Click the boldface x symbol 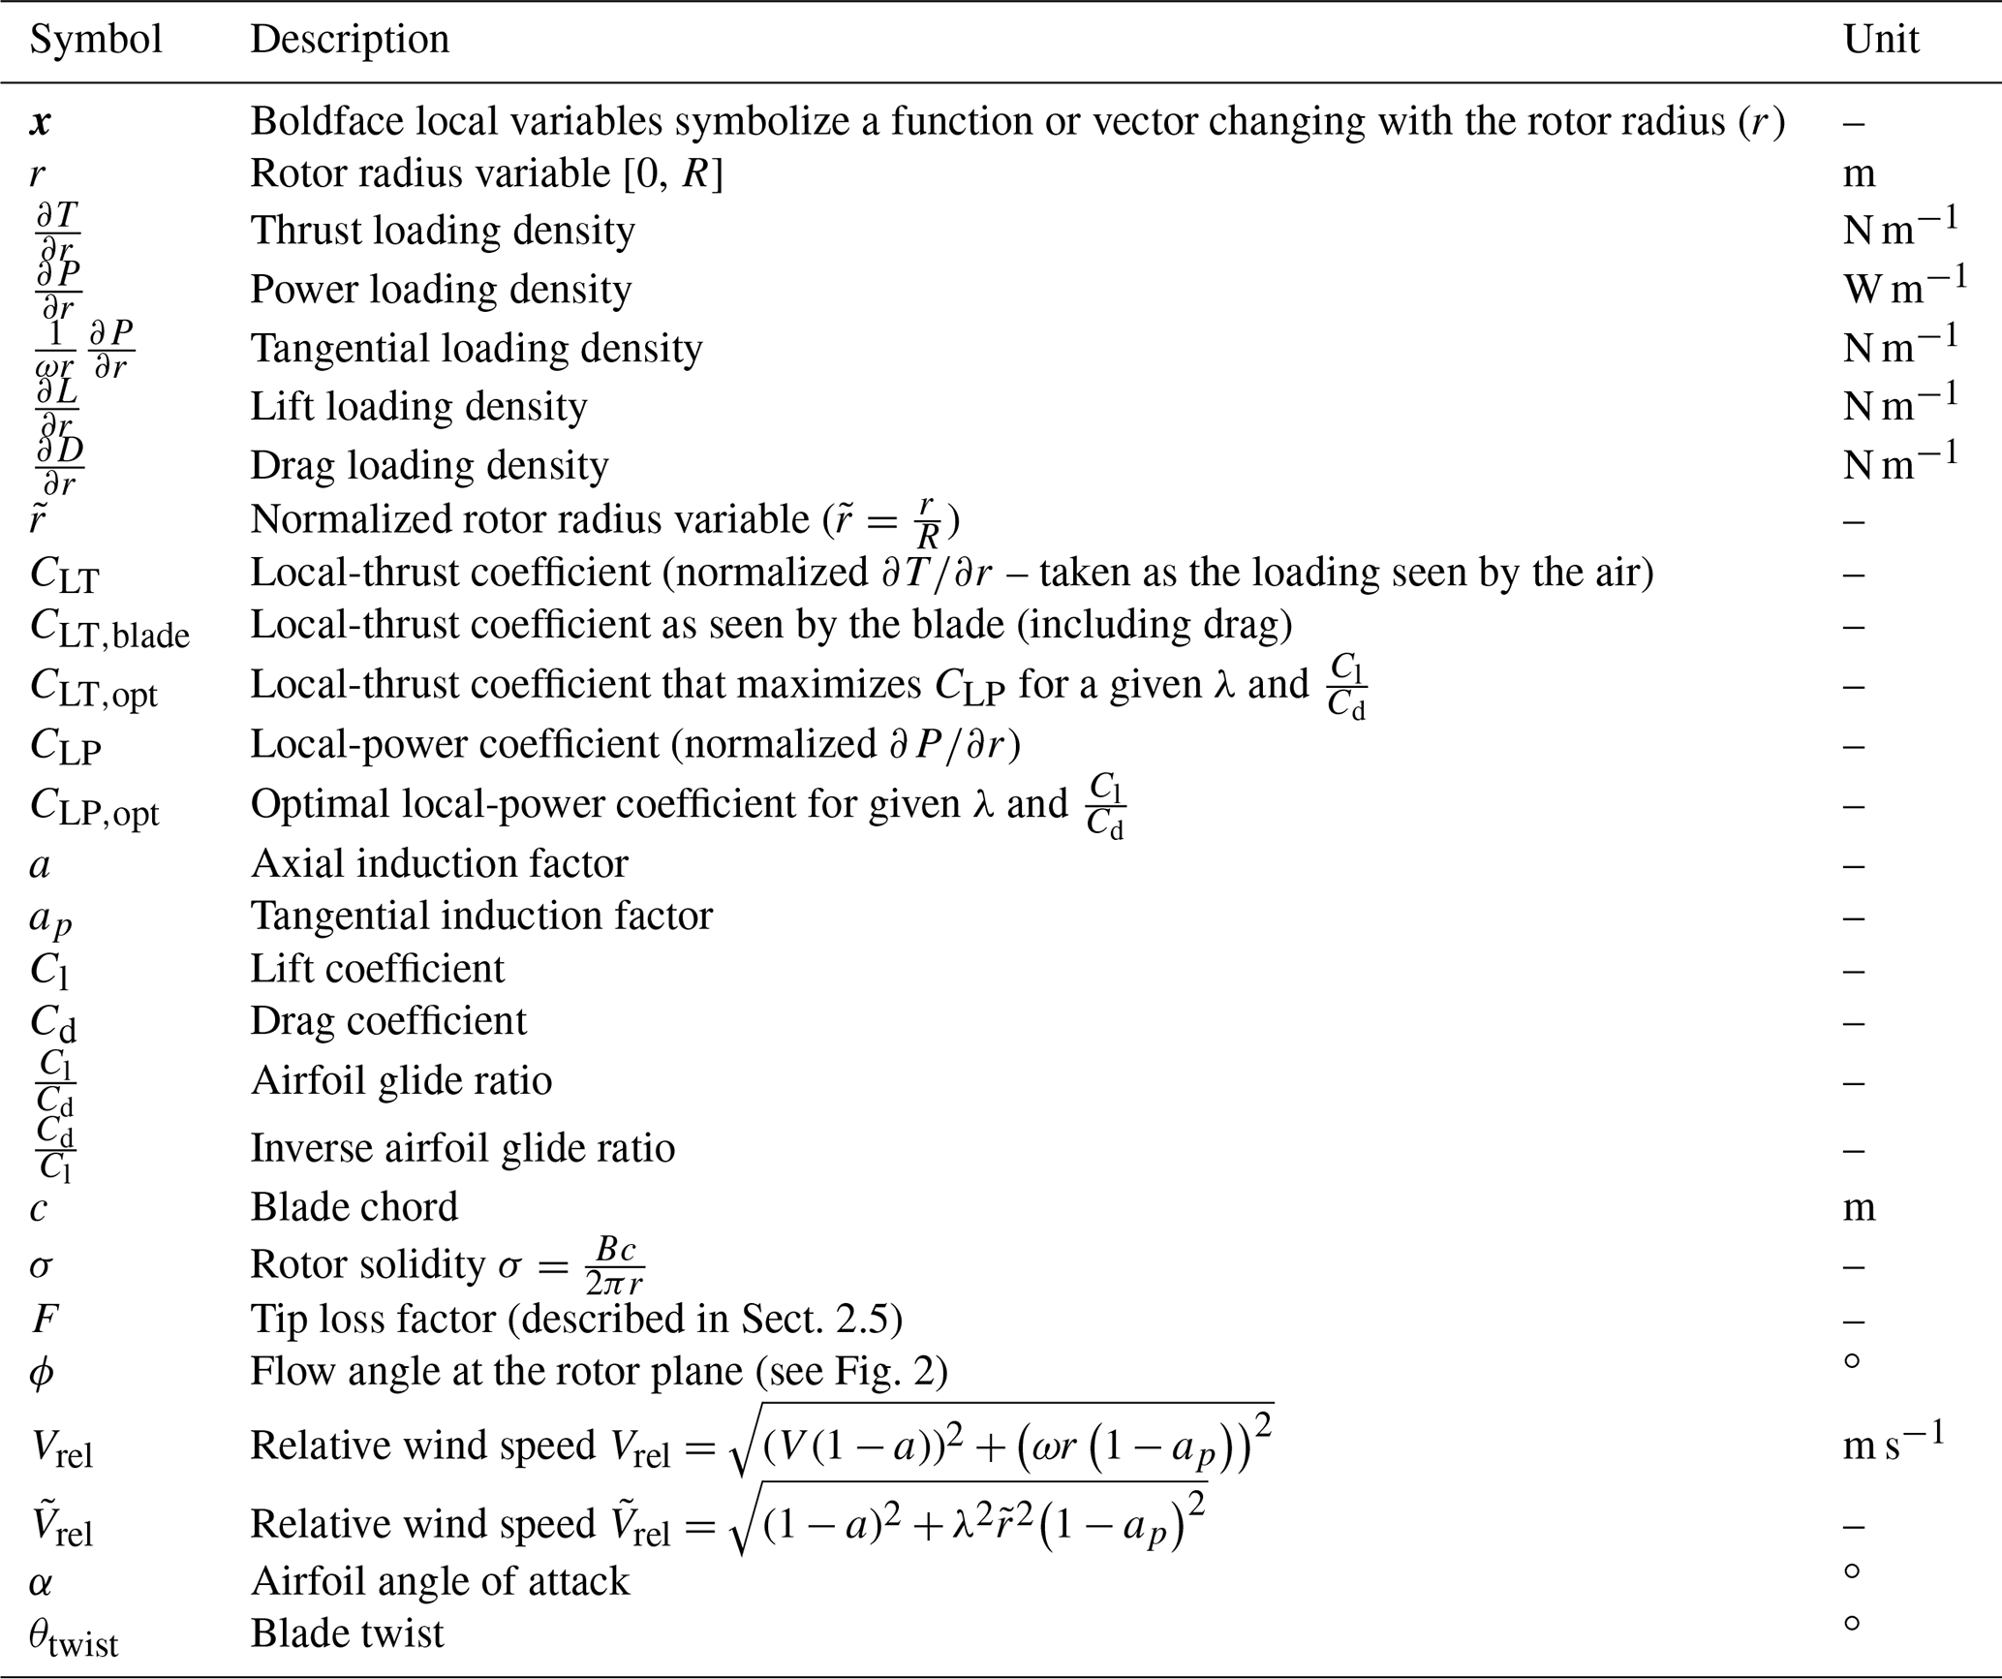coord(41,122)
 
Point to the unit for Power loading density coord(1904,286)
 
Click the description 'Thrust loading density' coord(443,231)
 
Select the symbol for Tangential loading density coord(83,349)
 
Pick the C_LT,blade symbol coord(109,628)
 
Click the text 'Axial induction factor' coord(439,863)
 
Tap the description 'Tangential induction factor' coord(481,916)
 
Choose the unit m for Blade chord coord(1859,1207)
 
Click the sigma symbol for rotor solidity coord(41,1266)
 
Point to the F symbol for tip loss coord(44,1319)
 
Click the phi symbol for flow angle coord(41,1373)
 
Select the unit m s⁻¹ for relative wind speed coord(1894,1443)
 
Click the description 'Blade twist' coord(347,1633)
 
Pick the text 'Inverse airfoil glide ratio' coord(462,1148)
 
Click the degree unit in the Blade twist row coord(1852,1623)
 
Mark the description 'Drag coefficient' coord(388,1021)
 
